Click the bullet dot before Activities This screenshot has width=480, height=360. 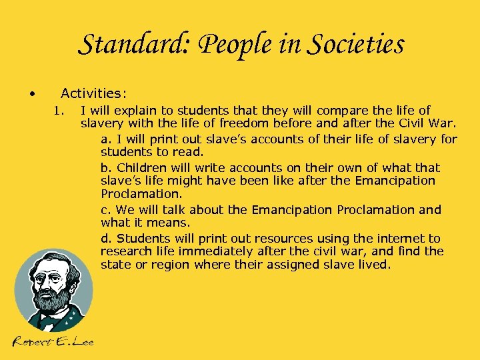[x=32, y=93]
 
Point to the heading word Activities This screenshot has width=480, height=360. [x=94, y=93]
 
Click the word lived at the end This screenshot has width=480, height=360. [x=375, y=265]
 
